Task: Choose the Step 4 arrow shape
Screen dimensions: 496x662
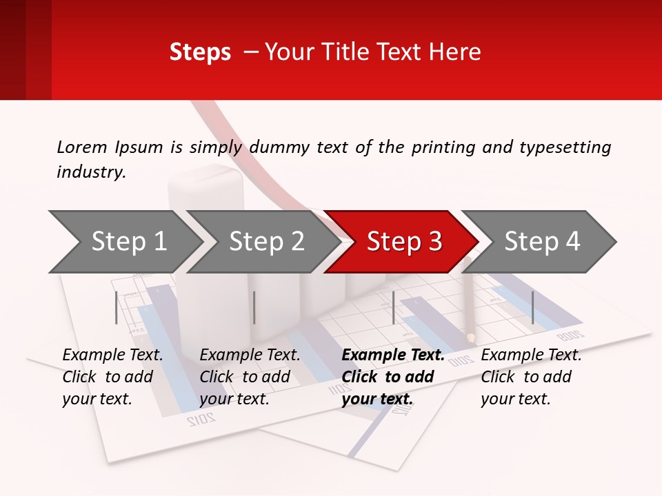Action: (x=542, y=242)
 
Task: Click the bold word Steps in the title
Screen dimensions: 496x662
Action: (x=200, y=52)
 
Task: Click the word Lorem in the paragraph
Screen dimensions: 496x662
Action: (x=81, y=147)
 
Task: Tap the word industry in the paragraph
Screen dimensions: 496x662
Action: (x=90, y=172)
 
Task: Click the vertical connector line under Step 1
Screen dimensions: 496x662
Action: (x=117, y=307)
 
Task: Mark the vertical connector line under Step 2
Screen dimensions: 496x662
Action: (x=254, y=307)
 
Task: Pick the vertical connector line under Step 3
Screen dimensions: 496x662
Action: (x=393, y=307)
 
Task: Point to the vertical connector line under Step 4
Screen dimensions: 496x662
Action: (x=532, y=307)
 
